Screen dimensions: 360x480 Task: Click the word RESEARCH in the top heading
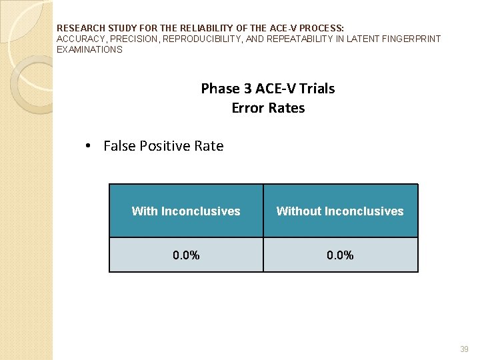point(81,29)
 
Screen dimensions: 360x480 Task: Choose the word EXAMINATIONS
point(89,49)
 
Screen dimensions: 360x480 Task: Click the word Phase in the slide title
point(219,89)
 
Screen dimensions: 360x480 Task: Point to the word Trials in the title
point(317,89)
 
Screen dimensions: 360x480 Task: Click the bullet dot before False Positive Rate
point(89,146)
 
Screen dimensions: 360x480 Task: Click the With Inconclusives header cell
point(186,211)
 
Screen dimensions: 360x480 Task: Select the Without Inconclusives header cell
point(340,211)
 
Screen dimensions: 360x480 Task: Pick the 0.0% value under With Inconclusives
point(186,255)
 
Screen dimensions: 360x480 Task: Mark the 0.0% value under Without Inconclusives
point(340,255)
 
